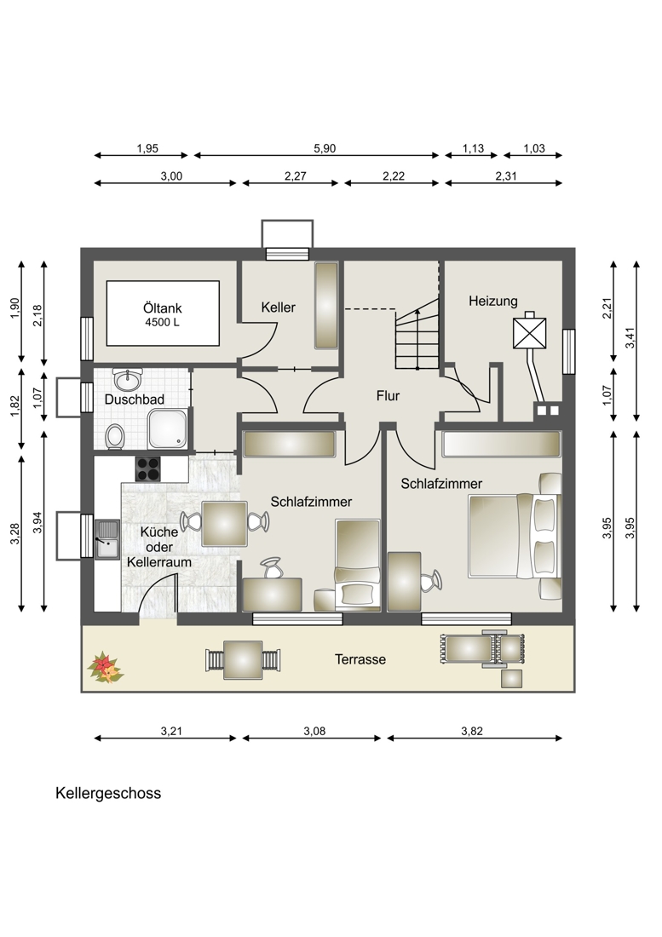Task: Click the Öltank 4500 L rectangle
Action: pos(163,315)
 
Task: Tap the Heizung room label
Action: pos(492,302)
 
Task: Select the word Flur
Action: pos(389,395)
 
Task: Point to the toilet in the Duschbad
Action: pos(114,437)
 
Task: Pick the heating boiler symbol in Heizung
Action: pos(530,333)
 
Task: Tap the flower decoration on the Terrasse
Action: pos(105,667)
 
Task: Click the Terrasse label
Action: pos(360,659)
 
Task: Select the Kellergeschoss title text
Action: pos(108,793)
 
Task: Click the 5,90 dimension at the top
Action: pos(325,148)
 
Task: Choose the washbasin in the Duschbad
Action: pos(130,377)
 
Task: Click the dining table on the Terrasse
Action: pos(242,659)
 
